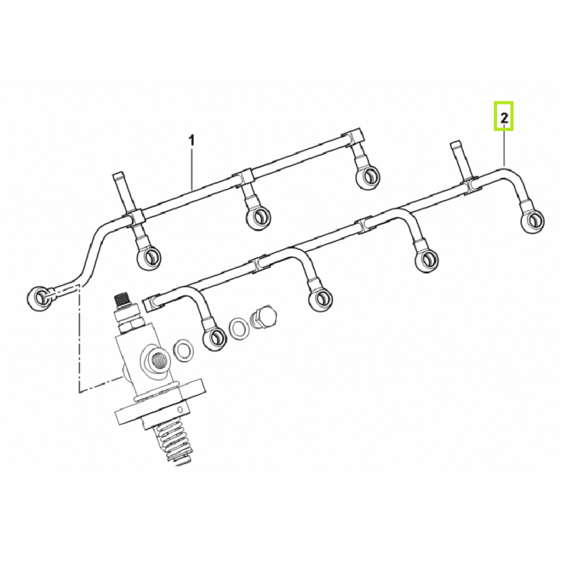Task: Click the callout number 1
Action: [x=191, y=140]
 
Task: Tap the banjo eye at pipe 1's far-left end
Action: [x=39, y=298]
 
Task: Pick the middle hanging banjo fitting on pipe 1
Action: [x=259, y=217]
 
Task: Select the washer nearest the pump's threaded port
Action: [x=184, y=350]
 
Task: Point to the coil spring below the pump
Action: [x=172, y=443]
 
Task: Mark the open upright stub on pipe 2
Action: [x=459, y=159]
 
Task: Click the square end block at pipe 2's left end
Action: [x=151, y=302]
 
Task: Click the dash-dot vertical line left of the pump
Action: [x=79, y=337]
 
